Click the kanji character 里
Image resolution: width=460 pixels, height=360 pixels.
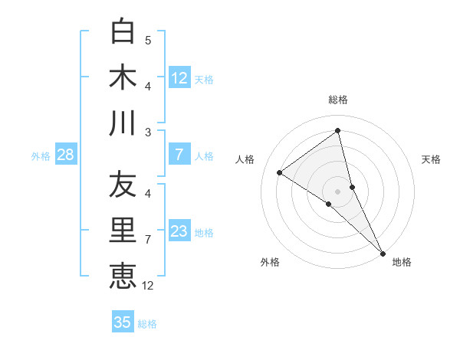[x=123, y=231]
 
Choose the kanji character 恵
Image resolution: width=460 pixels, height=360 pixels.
[x=123, y=276]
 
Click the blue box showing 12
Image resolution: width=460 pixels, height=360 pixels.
[x=179, y=77]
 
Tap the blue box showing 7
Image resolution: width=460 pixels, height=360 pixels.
[x=179, y=155]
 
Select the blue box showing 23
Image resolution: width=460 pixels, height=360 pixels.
[x=179, y=231]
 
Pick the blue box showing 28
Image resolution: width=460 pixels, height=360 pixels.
[x=65, y=155]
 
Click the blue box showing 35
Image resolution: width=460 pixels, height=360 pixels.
[x=123, y=322]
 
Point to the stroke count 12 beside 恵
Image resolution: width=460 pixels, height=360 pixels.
[x=148, y=286]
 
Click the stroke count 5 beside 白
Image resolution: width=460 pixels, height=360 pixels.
[x=148, y=40]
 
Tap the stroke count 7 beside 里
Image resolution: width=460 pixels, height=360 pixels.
[x=148, y=240]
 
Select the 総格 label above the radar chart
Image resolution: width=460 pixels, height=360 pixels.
[x=338, y=100]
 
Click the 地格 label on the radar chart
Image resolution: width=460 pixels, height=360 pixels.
[x=402, y=262]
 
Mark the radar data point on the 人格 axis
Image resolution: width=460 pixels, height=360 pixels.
[x=279, y=172]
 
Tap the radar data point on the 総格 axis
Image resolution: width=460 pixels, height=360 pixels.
[x=338, y=131]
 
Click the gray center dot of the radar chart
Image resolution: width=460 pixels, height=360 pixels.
[x=338, y=190]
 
